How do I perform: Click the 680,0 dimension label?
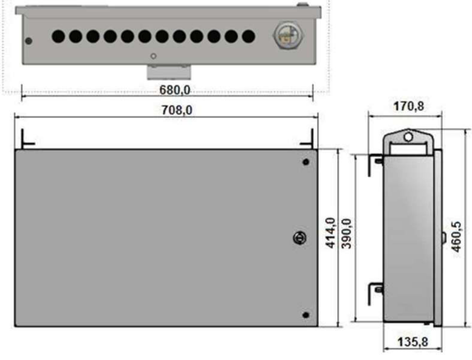click(x=174, y=90)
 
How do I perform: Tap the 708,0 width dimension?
click(x=177, y=110)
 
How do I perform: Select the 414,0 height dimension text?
click(x=331, y=233)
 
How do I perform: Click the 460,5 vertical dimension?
click(x=456, y=237)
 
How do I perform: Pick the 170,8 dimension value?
click(x=408, y=106)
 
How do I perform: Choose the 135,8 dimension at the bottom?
click(x=413, y=342)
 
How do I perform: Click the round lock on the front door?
click(x=300, y=238)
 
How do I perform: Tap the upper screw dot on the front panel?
click(x=306, y=162)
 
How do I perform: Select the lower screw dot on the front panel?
click(x=305, y=315)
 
